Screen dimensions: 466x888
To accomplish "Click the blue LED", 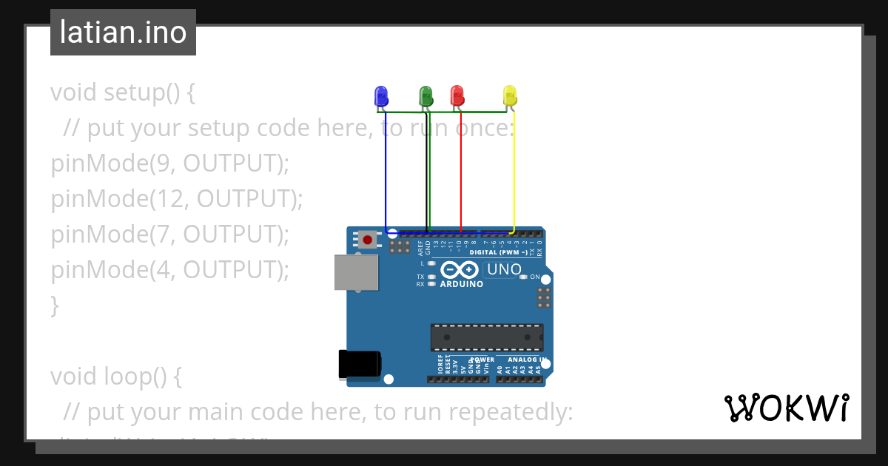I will pyautogui.click(x=381, y=95).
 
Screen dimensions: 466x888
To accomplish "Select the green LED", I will pyautogui.click(x=425, y=95).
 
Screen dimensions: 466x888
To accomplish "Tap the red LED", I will pyautogui.click(x=457, y=95).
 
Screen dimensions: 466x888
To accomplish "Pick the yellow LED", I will pyautogui.click(x=509, y=95).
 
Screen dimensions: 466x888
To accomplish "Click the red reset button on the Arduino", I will pyautogui.click(x=367, y=239).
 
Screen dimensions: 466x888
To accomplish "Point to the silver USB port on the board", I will pyautogui.click(x=354, y=272).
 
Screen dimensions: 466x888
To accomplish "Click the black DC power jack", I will pyautogui.click(x=359, y=364).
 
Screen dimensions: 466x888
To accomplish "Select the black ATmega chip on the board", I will pyautogui.click(x=487, y=337).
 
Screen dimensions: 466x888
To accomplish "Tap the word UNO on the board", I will pyautogui.click(x=504, y=270).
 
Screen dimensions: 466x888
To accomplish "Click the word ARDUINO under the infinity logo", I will pyautogui.click(x=461, y=284).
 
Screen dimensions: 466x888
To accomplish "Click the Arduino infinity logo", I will pyautogui.click(x=460, y=270).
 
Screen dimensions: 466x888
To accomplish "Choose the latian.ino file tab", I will pyautogui.click(x=123, y=33).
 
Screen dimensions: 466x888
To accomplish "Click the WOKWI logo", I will pyautogui.click(x=786, y=408).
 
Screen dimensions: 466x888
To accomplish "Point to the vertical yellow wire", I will pyautogui.click(x=514, y=170).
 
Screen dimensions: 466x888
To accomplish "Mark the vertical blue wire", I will pyautogui.click(x=386, y=170).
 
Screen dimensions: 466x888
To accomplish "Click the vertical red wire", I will pyautogui.click(x=461, y=170).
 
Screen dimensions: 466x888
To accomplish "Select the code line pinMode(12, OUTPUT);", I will pyautogui.click(x=177, y=199).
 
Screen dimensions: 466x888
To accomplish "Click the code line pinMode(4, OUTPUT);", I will pyautogui.click(x=169, y=270).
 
